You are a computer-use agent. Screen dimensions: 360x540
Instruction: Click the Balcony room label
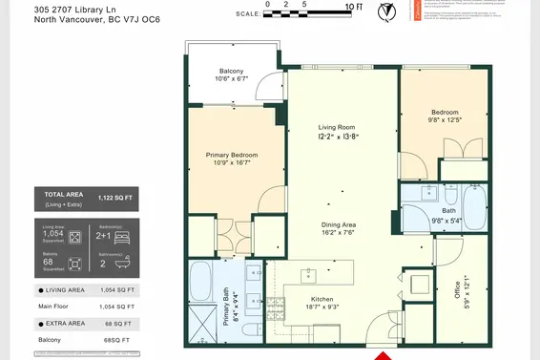pyautogui.click(x=232, y=72)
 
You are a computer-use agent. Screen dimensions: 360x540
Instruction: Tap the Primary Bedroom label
pyautogui.click(x=232, y=155)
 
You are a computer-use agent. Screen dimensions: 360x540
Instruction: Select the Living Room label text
pyautogui.click(x=336, y=126)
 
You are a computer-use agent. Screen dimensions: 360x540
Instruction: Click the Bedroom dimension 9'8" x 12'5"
pyautogui.click(x=445, y=120)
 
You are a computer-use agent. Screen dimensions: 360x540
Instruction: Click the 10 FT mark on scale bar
pyautogui.click(x=352, y=7)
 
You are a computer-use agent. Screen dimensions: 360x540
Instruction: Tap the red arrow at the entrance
pyautogui.click(x=382, y=355)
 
